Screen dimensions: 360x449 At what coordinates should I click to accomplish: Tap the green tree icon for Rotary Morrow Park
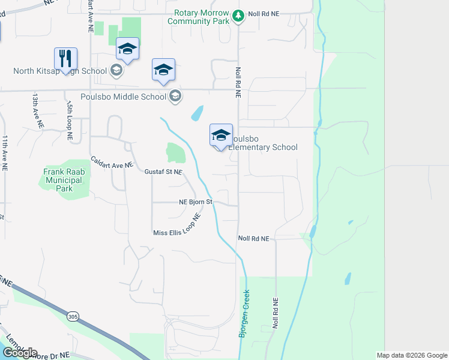[239, 16]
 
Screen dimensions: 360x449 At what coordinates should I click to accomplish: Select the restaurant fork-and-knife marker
[65, 58]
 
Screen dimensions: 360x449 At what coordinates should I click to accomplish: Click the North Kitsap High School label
[60, 71]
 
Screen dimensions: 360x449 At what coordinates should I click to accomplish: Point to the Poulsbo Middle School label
[136, 97]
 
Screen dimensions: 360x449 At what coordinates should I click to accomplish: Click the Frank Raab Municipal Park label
[62, 179]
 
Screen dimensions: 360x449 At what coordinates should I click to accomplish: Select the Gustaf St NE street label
[163, 172]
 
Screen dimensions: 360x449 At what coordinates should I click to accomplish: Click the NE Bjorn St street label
[196, 202]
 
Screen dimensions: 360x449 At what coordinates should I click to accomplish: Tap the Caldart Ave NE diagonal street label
[111, 162]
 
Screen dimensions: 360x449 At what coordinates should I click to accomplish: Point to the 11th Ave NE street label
[5, 150]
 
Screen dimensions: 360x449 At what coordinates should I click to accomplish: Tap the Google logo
[20, 353]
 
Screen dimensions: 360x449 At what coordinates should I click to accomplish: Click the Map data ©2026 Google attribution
[412, 355]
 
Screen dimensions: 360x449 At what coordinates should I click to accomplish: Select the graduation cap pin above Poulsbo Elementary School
[221, 134]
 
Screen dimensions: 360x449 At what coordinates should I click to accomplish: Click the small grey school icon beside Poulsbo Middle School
[175, 96]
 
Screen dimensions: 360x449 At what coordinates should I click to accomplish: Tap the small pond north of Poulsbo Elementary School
[197, 112]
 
